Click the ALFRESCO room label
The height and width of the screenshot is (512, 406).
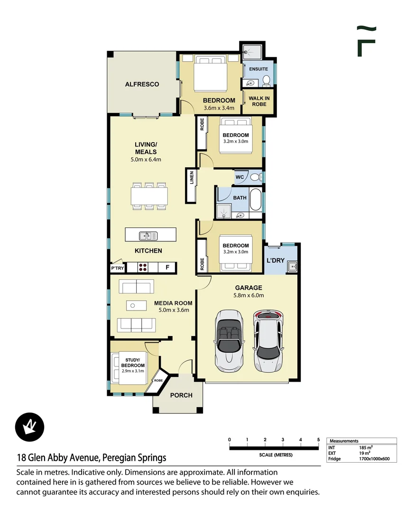(x=142, y=84)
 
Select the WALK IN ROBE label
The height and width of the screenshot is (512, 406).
(x=259, y=101)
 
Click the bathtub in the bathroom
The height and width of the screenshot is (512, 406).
(x=256, y=199)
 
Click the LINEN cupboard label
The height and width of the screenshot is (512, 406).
(x=192, y=177)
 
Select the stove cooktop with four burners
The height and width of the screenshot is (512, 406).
(x=143, y=267)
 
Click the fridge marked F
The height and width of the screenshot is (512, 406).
(x=167, y=267)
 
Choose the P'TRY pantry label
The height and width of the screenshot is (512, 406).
(x=118, y=268)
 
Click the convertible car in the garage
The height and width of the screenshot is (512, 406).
(x=229, y=339)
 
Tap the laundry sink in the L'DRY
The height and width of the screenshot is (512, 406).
(x=292, y=266)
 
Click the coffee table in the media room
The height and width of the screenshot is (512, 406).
(x=136, y=306)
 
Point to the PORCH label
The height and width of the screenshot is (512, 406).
(x=181, y=395)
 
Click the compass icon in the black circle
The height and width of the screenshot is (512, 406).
(x=30, y=427)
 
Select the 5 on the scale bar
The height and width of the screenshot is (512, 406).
(x=318, y=439)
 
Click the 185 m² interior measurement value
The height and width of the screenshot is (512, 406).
(x=366, y=448)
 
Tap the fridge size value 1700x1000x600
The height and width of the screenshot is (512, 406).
(x=374, y=458)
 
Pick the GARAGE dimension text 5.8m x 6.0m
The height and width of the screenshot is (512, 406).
(x=249, y=295)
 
